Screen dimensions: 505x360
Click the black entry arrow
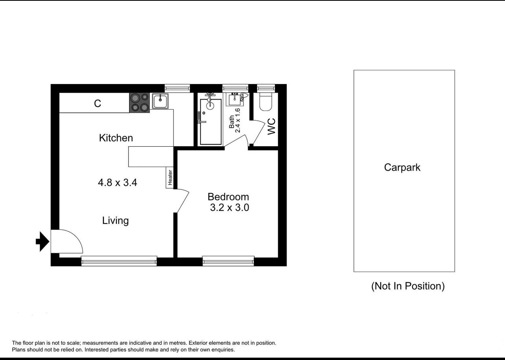pyautogui.click(x=42, y=241)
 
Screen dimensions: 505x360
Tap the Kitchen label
pyautogui.click(x=116, y=138)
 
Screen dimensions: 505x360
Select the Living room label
pyautogui.click(x=115, y=220)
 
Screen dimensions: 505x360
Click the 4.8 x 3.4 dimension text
pyautogui.click(x=118, y=182)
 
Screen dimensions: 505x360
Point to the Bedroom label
pyautogui.click(x=228, y=197)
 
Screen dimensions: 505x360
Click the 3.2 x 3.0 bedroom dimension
pyautogui.click(x=230, y=208)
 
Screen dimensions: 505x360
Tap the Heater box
pyautogui.click(x=170, y=178)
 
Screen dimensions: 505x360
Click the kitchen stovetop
pyautogui.click(x=139, y=103)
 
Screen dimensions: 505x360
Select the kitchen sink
pyautogui.click(x=160, y=101)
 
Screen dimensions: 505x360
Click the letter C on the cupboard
pyautogui.click(x=98, y=103)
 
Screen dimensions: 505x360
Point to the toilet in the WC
pyautogui.click(x=266, y=102)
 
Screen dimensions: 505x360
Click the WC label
pyautogui.click(x=272, y=127)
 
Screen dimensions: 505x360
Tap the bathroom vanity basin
pyautogui.click(x=235, y=99)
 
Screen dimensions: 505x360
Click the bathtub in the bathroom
pyautogui.click(x=211, y=121)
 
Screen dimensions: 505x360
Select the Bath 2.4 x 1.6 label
pyautogui.click(x=235, y=121)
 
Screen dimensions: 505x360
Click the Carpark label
pyautogui.click(x=402, y=167)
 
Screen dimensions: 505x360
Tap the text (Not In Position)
pyautogui.click(x=408, y=286)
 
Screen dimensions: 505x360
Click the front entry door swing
pyautogui.click(x=67, y=241)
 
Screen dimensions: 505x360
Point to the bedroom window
pyautogui.click(x=229, y=261)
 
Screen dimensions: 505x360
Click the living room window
pyautogui.click(x=119, y=261)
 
